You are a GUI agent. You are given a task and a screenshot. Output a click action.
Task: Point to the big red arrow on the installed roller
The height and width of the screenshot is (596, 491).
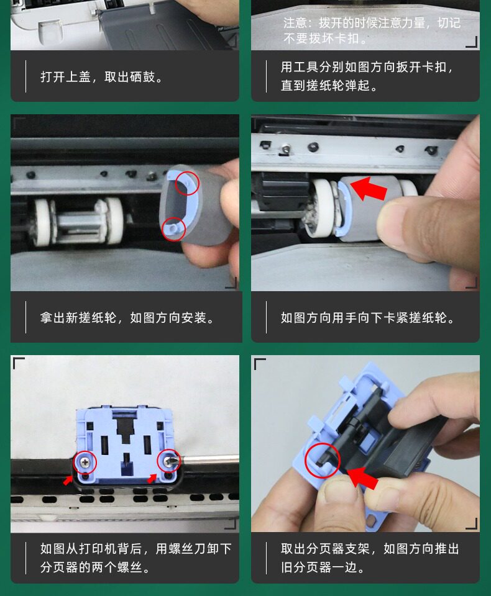(368, 188)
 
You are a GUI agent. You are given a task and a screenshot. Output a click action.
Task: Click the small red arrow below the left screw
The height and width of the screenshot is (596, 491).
(68, 481)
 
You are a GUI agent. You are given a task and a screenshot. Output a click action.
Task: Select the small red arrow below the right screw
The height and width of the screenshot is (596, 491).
(152, 479)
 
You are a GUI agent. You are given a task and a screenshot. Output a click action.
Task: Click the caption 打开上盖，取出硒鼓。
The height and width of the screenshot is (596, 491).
(101, 77)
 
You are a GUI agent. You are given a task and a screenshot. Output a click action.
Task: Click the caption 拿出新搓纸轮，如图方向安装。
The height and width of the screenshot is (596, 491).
(127, 317)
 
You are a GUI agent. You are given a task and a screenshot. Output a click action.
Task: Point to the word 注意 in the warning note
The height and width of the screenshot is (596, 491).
(295, 23)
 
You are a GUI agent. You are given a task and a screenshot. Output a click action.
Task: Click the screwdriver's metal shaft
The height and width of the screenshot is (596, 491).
(209, 460)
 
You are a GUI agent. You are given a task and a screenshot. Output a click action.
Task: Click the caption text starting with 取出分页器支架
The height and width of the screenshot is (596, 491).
(370, 558)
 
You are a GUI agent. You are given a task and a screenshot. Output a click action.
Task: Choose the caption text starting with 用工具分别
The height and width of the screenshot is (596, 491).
(367, 76)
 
